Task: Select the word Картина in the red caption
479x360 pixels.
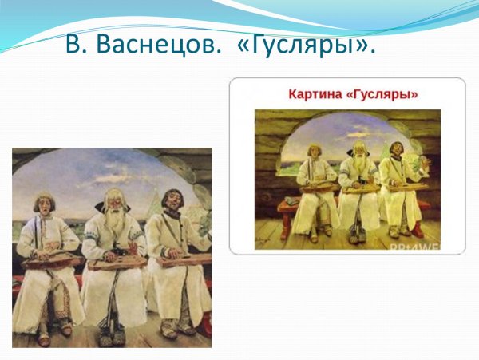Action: point(315,94)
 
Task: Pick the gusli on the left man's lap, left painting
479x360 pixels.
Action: point(49,262)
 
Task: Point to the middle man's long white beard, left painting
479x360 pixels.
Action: point(116,227)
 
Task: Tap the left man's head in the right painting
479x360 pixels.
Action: point(314,151)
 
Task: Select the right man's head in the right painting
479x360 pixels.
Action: point(394,150)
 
